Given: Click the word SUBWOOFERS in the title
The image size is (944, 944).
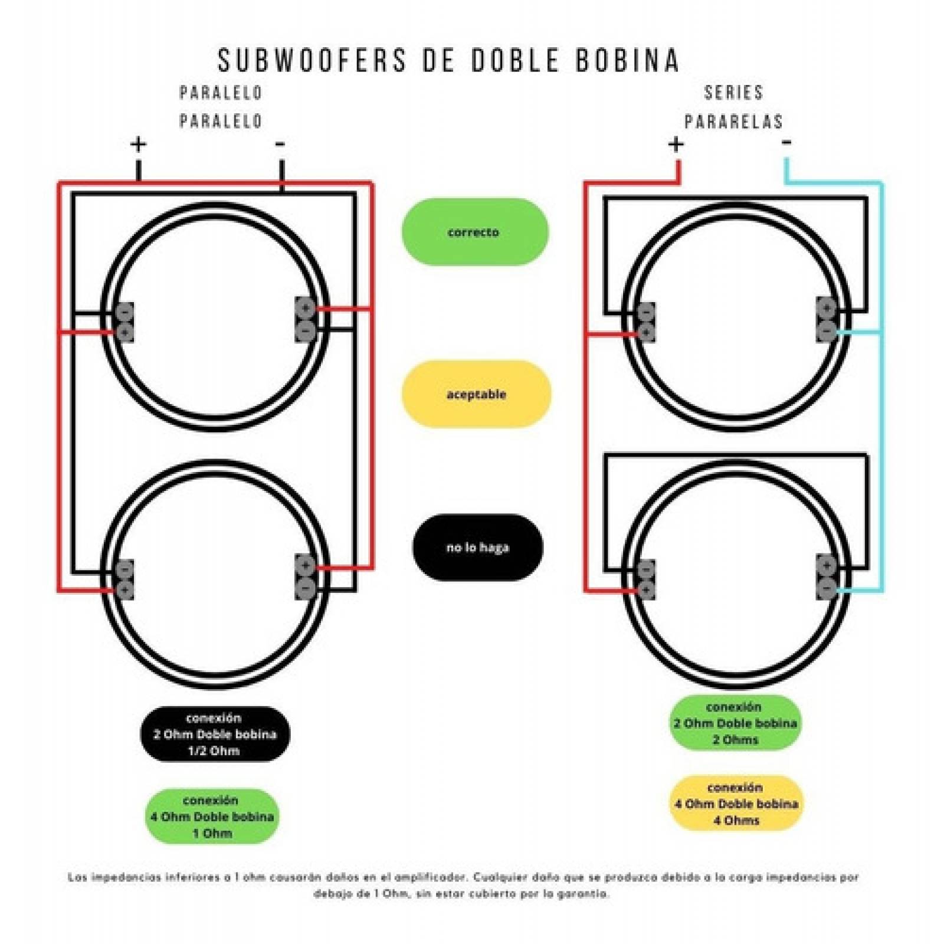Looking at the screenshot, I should pos(312,60).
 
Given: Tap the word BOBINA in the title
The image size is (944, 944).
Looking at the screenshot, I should pos(628,60).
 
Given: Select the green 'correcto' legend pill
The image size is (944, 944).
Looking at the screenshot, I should pos(475,232).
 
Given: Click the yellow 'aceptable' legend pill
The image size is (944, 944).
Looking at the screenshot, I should pos(476,394).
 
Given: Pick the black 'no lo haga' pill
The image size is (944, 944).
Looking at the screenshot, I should pos(477,548).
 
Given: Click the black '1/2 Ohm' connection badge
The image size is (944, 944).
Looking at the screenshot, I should pos(215,735).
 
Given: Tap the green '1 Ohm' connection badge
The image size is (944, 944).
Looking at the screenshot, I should pos(212,817).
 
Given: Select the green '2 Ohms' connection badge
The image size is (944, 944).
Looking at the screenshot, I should pos(735,723).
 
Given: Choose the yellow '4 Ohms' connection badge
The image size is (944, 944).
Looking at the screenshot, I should pos(736,804).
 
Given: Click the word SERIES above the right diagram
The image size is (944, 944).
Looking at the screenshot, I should pos(733,93).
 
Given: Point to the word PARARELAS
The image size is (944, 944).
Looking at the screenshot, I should pos(733,122).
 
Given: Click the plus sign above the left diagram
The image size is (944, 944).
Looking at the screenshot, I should pos(138,144).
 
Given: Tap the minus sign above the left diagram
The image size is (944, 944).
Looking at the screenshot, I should pos(280,144).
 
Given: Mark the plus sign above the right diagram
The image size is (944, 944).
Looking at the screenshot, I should pos(676,144).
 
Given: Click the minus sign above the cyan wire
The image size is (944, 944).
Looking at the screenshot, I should pos(786,142).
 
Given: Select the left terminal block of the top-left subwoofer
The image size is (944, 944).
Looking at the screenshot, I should pos(124,322).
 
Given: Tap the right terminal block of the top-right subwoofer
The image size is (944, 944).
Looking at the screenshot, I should pos(827,319).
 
